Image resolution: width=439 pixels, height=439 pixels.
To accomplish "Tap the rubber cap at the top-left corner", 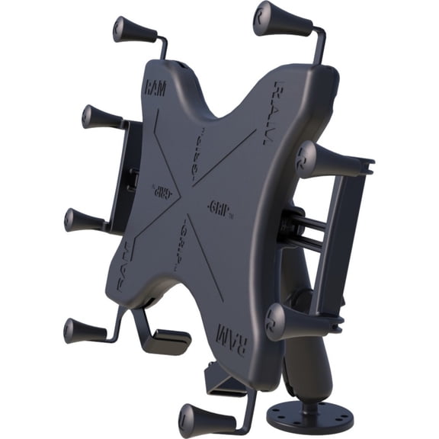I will (x=134, y=30).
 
